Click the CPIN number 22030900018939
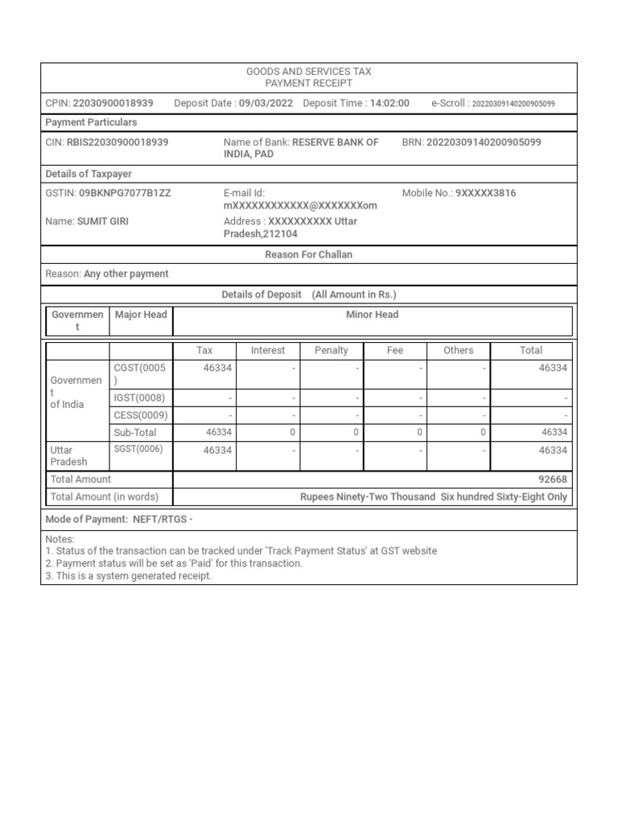(x=113, y=103)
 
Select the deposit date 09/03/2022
(x=266, y=103)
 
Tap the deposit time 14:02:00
(x=389, y=103)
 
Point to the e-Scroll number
(x=513, y=104)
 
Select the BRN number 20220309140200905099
(x=483, y=142)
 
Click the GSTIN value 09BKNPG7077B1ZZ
(x=125, y=193)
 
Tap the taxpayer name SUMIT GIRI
(x=103, y=220)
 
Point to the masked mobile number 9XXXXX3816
(x=485, y=193)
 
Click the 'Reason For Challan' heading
(x=309, y=254)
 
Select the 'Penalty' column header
(x=332, y=350)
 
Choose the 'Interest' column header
(x=268, y=350)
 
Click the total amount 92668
(x=553, y=479)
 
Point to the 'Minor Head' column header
(x=372, y=315)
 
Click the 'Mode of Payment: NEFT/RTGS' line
(x=119, y=519)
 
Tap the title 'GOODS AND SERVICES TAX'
(x=309, y=72)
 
